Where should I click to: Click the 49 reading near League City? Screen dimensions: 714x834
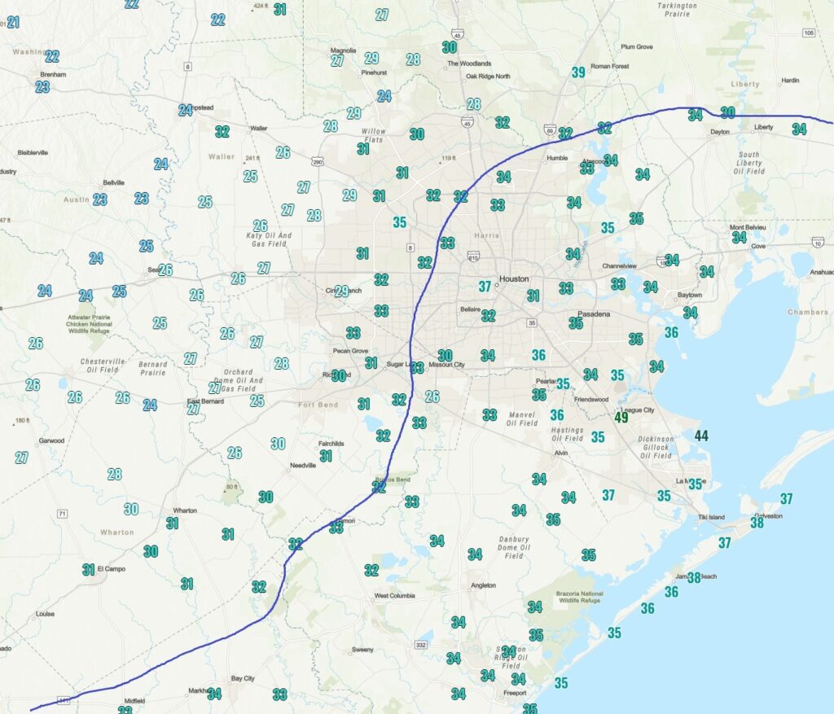click(x=621, y=418)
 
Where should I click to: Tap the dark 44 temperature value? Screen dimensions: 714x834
click(x=700, y=436)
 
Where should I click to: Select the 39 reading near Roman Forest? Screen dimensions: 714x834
click(x=578, y=72)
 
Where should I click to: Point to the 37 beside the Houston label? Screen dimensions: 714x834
click(x=485, y=286)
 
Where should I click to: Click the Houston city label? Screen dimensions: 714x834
click(x=514, y=278)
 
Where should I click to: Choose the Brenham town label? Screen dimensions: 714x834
click(x=53, y=74)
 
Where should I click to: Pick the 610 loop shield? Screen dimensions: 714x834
click(x=473, y=256)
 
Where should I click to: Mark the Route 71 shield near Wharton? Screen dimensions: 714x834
click(x=62, y=514)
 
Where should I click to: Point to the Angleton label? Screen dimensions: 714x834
click(x=483, y=585)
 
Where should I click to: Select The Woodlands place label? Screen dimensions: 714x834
click(x=468, y=64)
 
